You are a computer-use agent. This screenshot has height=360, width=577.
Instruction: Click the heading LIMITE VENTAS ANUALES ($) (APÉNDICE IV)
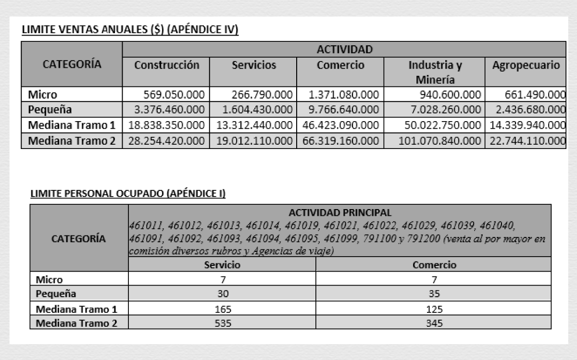pos(130,30)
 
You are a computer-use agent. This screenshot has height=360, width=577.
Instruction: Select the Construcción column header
pos(166,65)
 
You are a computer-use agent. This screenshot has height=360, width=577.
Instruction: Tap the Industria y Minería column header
pos(435,72)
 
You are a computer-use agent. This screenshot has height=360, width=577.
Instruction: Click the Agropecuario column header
pos(526,65)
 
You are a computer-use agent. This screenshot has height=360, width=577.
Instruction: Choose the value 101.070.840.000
pos(440,141)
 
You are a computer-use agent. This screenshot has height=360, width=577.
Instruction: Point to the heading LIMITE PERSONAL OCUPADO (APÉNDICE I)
pos(128,194)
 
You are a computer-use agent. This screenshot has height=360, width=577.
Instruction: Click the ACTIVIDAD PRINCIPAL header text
pos(339,212)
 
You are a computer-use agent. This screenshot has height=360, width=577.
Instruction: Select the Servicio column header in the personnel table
pos(222,264)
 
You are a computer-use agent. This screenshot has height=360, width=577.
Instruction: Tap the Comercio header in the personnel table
pos(434,264)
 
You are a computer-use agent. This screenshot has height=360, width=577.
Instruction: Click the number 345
pos(434,323)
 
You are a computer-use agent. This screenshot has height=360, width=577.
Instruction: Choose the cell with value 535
pos(222,323)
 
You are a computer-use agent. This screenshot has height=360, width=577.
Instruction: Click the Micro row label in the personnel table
pos(50,279)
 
